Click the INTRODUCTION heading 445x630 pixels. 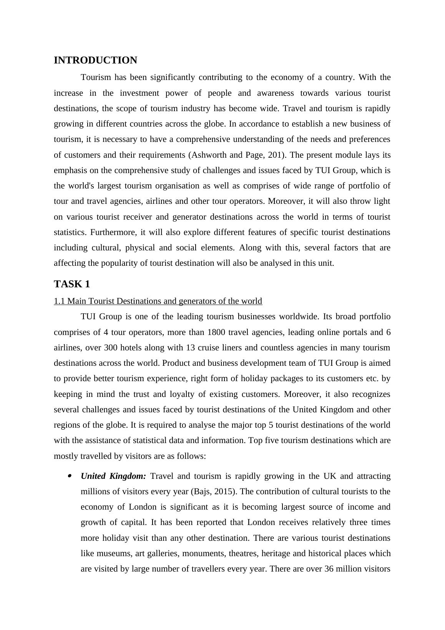coord(95,60)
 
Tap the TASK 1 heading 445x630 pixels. coord(72,284)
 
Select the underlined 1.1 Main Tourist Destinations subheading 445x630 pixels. coord(158,301)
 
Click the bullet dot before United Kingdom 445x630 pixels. coord(70,476)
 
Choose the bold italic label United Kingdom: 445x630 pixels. coord(113,476)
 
